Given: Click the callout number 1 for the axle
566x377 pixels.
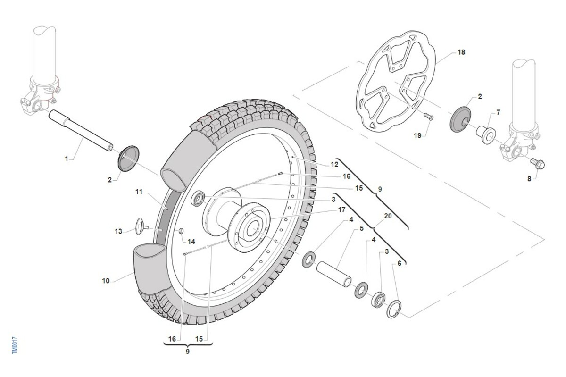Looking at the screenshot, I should pyautogui.click(x=67, y=159).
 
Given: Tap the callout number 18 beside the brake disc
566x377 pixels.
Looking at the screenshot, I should pyautogui.click(x=461, y=52).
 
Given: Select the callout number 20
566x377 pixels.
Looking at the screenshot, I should pyautogui.click(x=388, y=216).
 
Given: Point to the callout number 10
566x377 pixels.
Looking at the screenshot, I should pyautogui.click(x=106, y=281).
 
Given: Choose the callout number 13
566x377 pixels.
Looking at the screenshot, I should pyautogui.click(x=118, y=231).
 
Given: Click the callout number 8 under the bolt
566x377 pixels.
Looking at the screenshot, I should pyautogui.click(x=529, y=179).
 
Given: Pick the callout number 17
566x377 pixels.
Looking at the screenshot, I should pyautogui.click(x=342, y=209).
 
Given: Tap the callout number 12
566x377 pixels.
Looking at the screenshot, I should pyautogui.click(x=334, y=164).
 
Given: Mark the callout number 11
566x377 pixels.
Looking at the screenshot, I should pyautogui.click(x=139, y=192).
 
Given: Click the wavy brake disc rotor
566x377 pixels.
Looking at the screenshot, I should pyautogui.click(x=396, y=80).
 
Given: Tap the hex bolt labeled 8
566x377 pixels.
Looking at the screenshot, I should pyautogui.click(x=538, y=164).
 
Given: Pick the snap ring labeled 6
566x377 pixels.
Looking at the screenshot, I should pyautogui.click(x=393, y=310).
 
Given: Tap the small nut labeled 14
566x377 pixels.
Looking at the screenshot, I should pyautogui.click(x=180, y=231).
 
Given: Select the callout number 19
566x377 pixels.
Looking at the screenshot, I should pyautogui.click(x=417, y=135).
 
